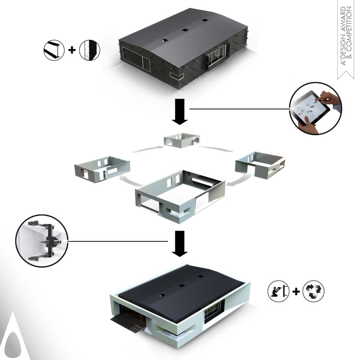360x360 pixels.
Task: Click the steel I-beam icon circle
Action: [x=54, y=50]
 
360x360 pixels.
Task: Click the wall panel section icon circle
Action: [x=90, y=50]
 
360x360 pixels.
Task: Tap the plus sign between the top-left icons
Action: [x=72, y=50]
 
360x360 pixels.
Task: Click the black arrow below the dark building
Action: [x=180, y=112]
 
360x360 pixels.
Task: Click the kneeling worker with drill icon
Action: [x=278, y=291]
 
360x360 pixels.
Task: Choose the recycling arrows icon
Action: [x=314, y=291]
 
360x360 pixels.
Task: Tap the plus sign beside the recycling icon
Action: [x=296, y=291]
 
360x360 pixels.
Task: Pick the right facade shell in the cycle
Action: [x=260, y=165]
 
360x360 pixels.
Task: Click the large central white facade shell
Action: [x=180, y=196]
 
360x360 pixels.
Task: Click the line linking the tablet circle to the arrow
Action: [x=239, y=109]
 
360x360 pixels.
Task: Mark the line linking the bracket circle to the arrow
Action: [x=118, y=242]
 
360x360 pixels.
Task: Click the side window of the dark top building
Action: [x=216, y=54]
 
